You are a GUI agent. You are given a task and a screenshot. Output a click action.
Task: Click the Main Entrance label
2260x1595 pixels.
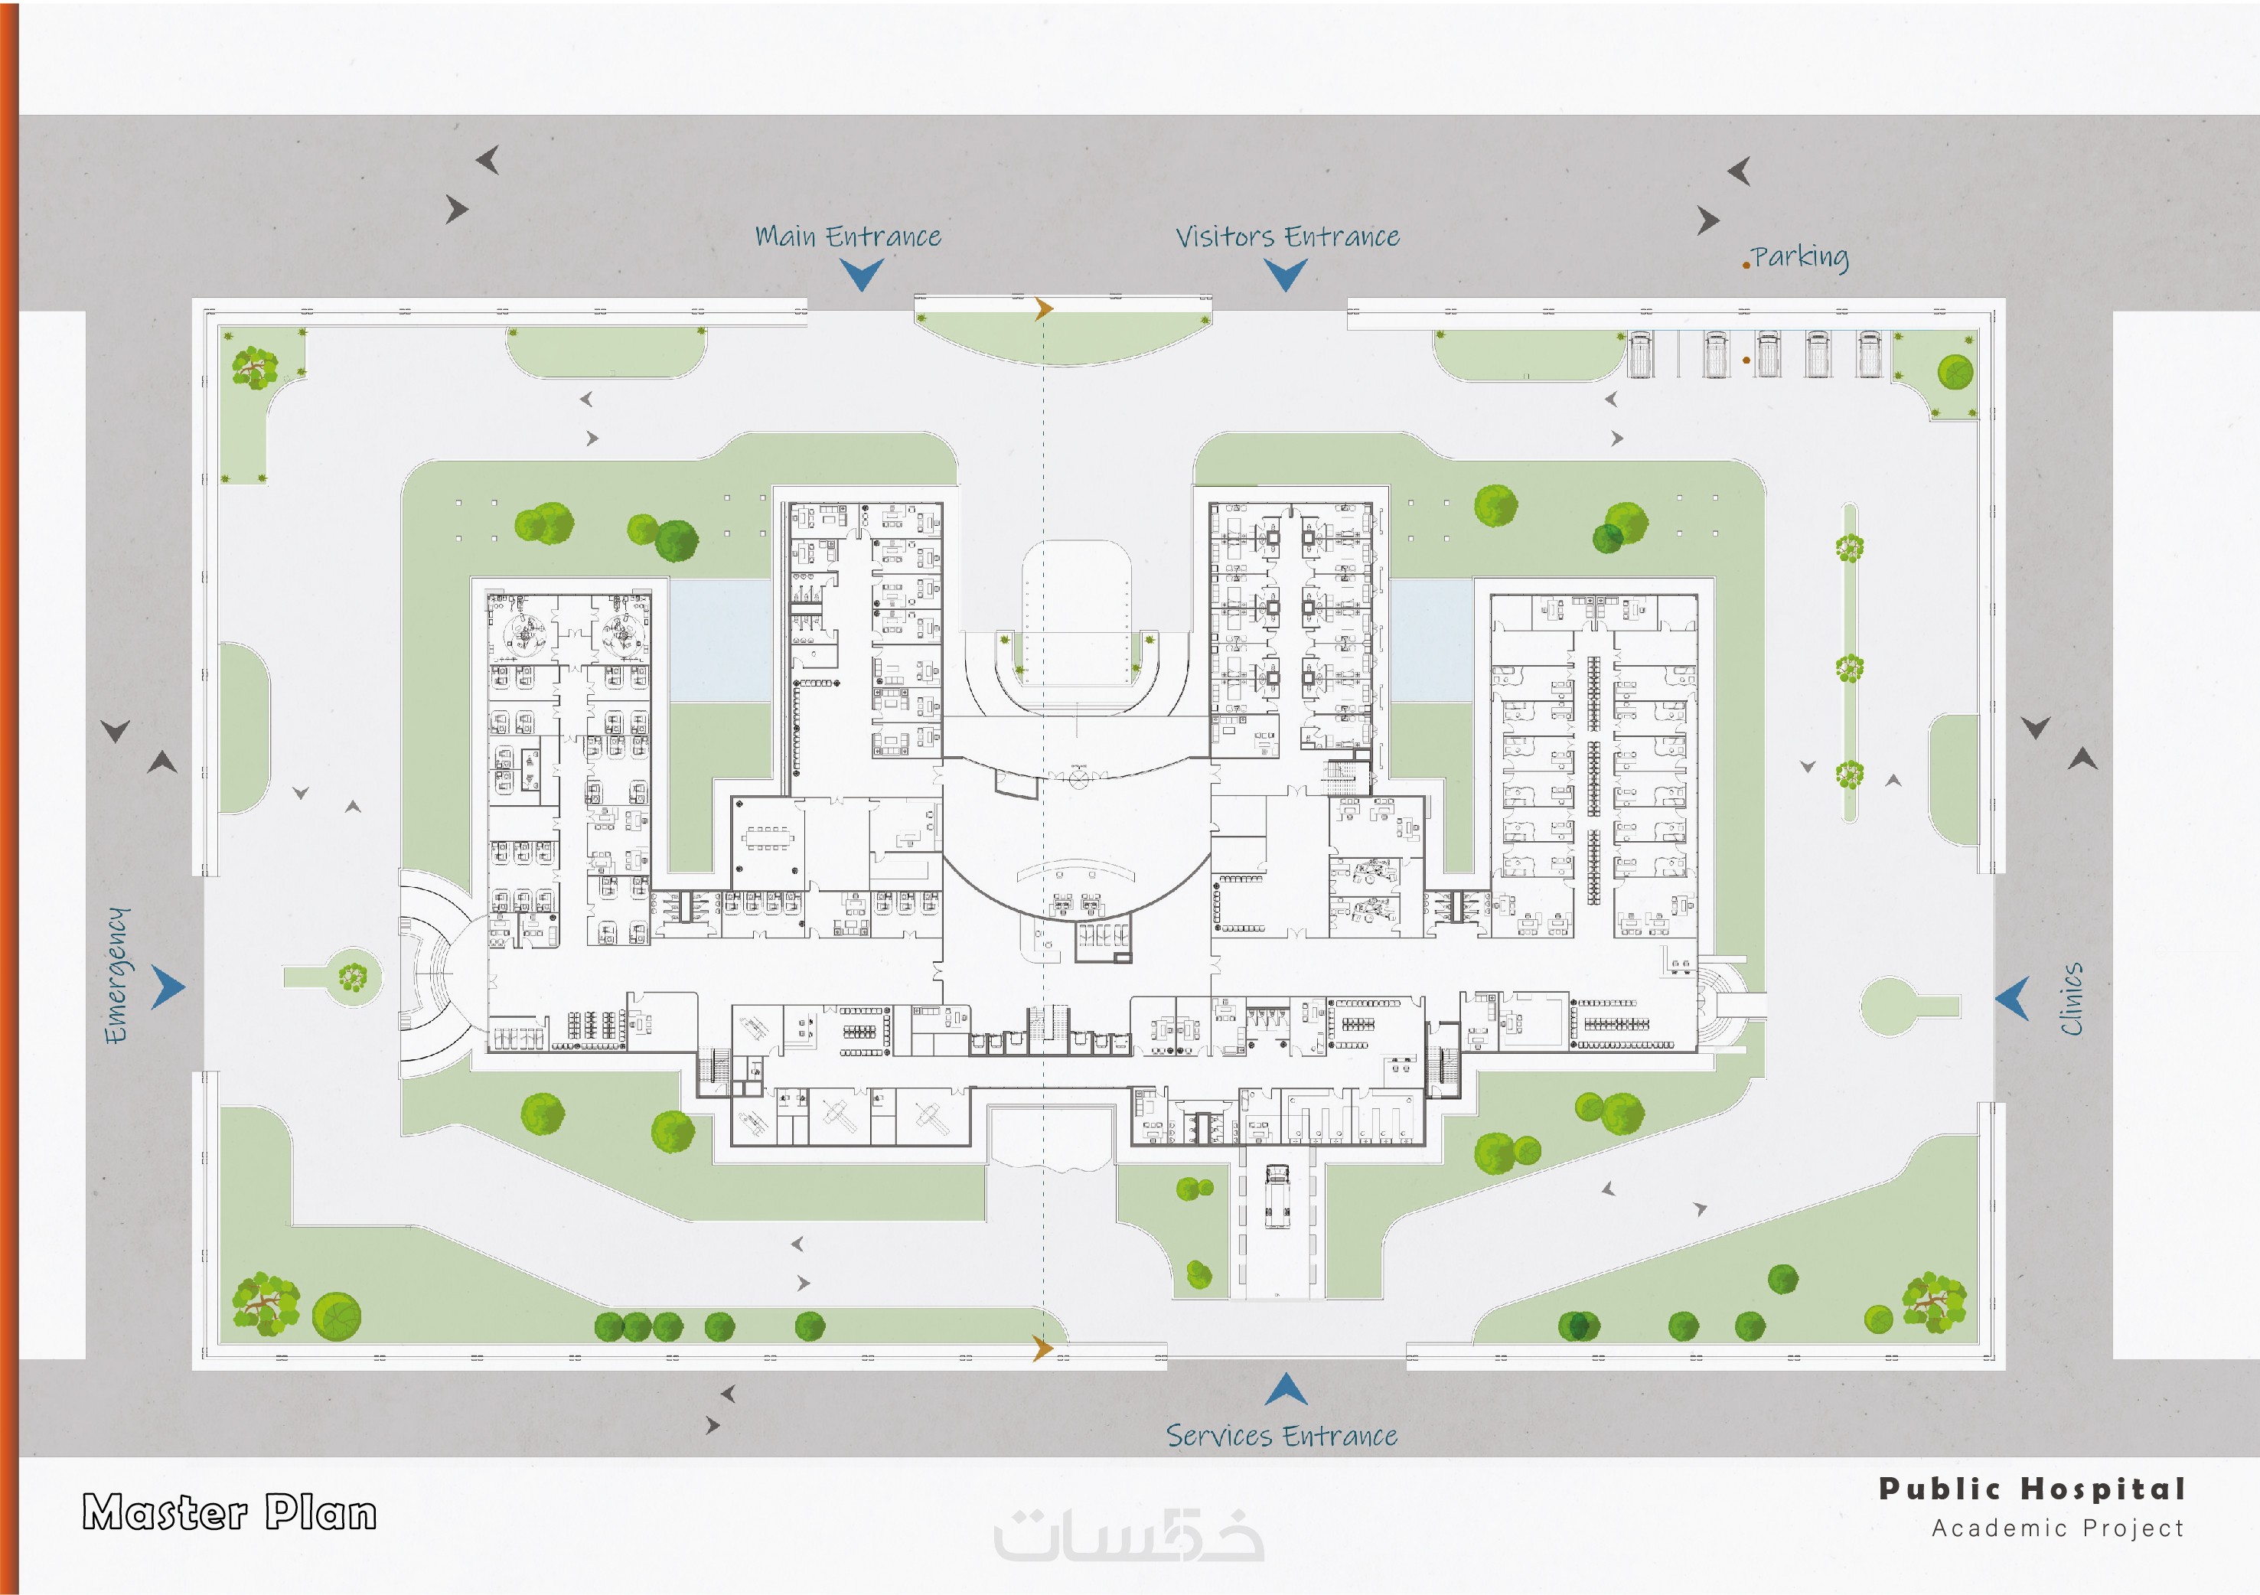[847, 237]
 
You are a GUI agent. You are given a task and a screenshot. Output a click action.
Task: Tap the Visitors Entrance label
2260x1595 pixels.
[1287, 237]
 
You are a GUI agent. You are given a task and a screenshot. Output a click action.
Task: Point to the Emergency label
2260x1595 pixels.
[117, 975]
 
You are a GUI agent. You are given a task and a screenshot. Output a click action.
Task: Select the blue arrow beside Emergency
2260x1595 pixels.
[168, 987]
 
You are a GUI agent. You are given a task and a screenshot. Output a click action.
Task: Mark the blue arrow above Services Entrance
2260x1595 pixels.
[1286, 1390]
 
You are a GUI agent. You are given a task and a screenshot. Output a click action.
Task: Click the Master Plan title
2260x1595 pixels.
[230, 1512]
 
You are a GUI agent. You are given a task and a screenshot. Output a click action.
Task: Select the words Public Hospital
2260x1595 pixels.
[2032, 1489]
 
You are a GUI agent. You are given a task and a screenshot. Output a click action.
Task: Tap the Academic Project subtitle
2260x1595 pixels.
[2057, 1528]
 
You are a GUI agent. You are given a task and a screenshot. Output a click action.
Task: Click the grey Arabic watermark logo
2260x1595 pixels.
[1128, 1537]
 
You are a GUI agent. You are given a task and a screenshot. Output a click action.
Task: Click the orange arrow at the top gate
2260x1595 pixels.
[1043, 309]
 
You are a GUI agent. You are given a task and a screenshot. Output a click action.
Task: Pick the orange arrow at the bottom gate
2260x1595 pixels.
[1042, 1348]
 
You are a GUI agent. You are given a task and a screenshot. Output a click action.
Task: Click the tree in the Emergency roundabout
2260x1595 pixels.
[352, 977]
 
